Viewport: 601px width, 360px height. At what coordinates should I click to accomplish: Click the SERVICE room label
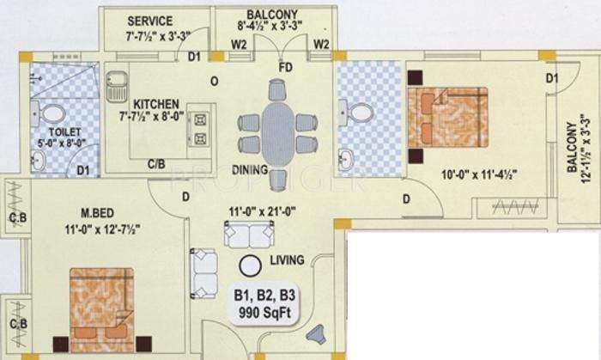tap(150, 21)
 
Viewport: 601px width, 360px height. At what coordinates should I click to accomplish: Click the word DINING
tap(250, 168)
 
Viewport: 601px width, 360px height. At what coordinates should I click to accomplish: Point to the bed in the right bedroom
tap(447, 118)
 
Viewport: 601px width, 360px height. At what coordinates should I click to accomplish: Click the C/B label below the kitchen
tap(156, 162)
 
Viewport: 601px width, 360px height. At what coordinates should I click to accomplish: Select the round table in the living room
tap(250, 267)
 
